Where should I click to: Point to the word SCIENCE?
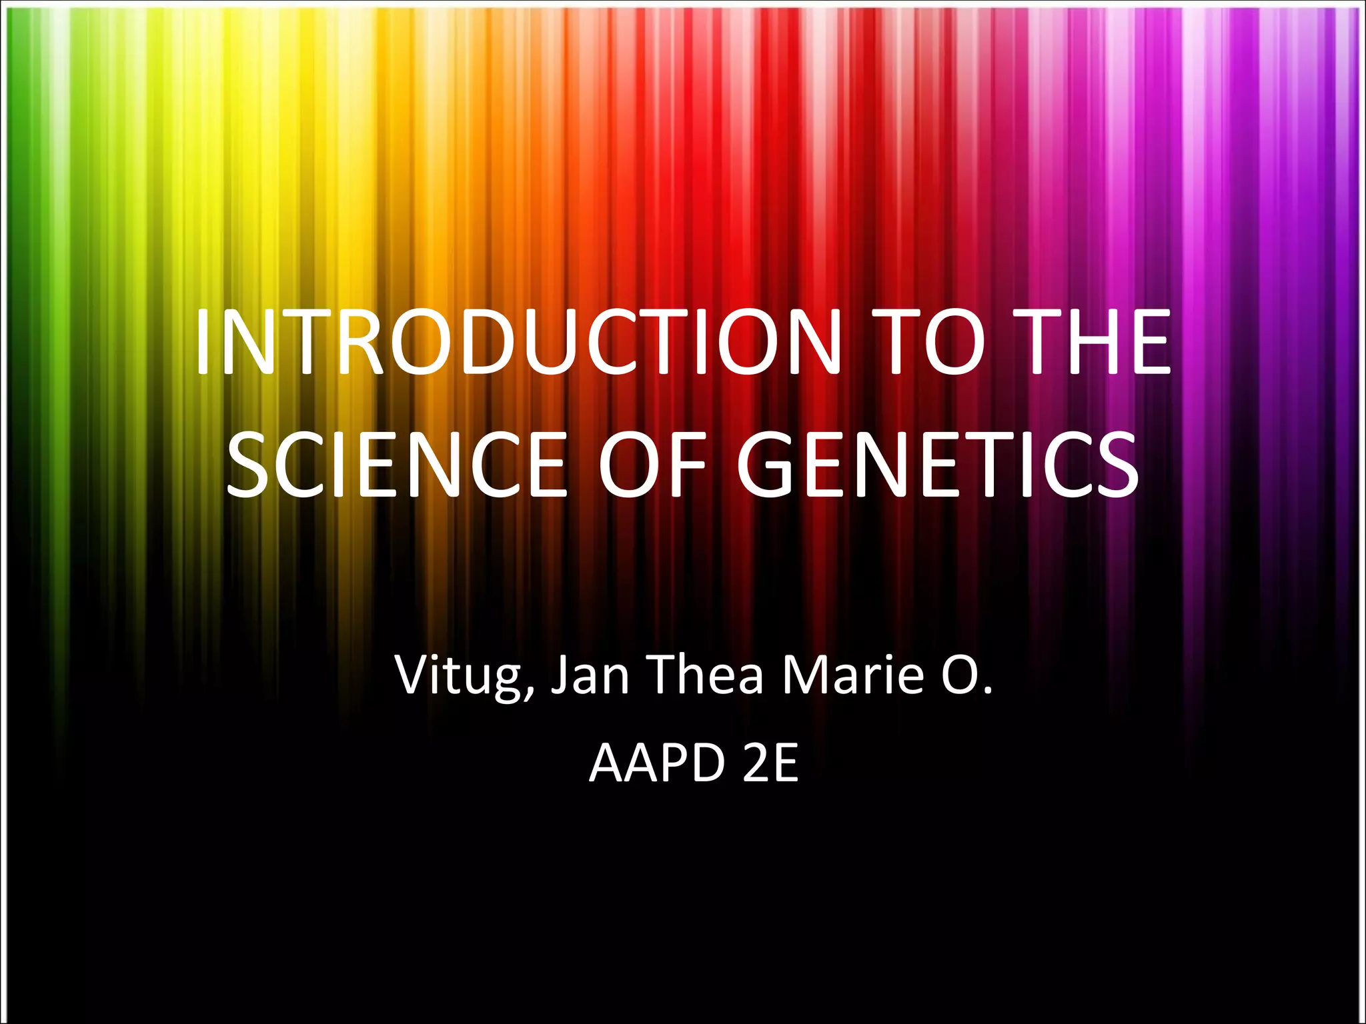click(397, 465)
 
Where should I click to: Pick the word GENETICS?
click(938, 465)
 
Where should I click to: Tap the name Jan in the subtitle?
click(590, 675)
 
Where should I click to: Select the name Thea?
click(707, 675)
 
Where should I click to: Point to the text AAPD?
click(657, 763)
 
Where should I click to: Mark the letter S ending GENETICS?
click(1114, 465)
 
